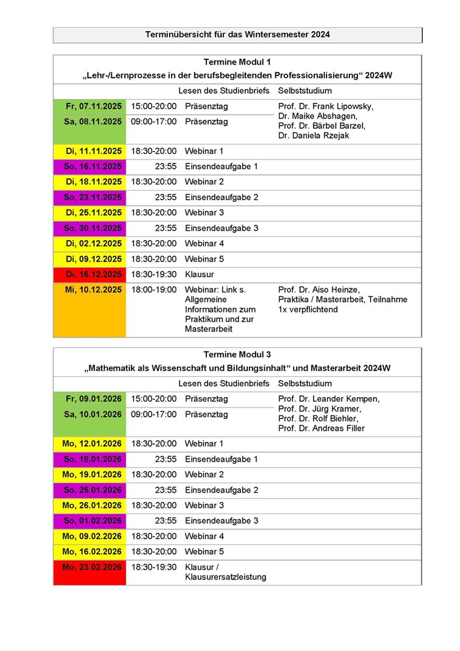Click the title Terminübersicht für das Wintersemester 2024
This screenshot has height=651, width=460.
point(237,35)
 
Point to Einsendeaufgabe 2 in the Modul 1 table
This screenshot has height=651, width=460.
point(221,197)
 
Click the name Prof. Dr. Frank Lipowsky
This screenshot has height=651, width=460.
point(325,106)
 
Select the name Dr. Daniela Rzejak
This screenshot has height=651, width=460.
point(312,135)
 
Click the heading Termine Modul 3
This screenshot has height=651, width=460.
point(237,355)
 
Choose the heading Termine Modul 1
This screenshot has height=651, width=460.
point(237,62)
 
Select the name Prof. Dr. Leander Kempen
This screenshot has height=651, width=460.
point(329,399)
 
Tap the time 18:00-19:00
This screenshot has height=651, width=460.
point(154,290)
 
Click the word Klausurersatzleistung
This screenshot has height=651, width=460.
point(225,577)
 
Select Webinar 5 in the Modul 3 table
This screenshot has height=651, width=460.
point(204,551)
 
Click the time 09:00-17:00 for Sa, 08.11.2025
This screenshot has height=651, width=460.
point(154,122)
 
